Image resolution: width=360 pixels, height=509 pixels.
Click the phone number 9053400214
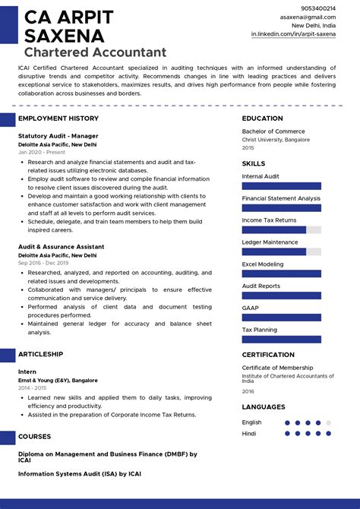click(x=319, y=8)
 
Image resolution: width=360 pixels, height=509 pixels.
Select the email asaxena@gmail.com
click(x=308, y=17)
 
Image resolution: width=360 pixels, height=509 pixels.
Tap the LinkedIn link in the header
click(x=293, y=34)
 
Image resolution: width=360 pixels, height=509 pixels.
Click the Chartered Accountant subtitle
click(x=95, y=52)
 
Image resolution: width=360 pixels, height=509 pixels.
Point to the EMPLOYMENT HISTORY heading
click(x=58, y=119)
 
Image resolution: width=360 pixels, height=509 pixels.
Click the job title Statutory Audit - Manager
click(x=58, y=136)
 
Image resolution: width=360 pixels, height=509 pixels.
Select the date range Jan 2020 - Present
click(x=42, y=152)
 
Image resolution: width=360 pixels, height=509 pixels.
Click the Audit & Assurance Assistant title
click(x=62, y=247)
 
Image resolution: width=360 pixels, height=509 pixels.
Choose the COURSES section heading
click(x=35, y=437)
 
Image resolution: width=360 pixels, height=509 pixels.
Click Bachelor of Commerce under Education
click(x=273, y=131)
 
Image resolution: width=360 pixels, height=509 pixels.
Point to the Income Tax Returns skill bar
click(x=282, y=229)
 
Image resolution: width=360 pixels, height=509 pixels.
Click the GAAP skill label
click(x=250, y=308)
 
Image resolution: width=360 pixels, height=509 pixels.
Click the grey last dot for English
click(x=328, y=422)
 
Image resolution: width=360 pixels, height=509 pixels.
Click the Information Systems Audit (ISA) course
click(x=80, y=473)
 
